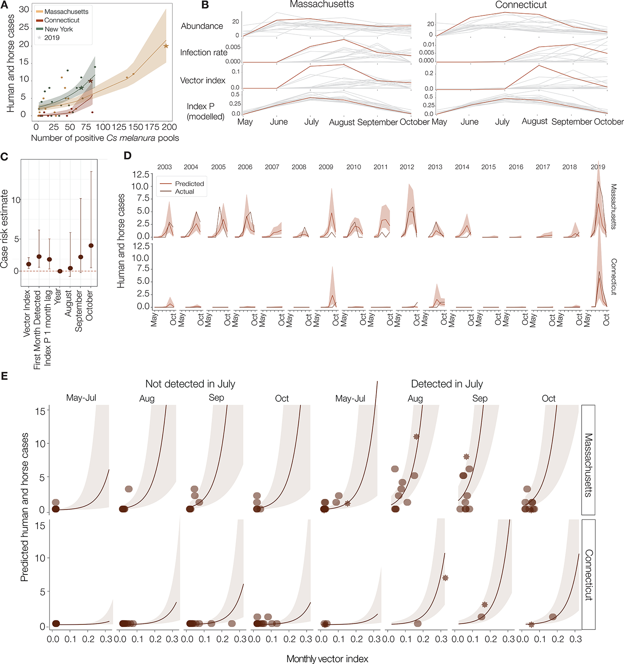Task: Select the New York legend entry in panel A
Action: (58, 29)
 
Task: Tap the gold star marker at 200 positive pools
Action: (166, 46)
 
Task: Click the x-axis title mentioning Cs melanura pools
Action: (105, 138)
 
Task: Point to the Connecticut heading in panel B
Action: (521, 5)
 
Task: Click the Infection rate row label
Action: (203, 52)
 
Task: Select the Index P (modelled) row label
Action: (205, 112)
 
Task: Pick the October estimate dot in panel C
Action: (91, 246)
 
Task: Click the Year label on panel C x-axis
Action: (58, 296)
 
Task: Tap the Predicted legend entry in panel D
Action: (189, 184)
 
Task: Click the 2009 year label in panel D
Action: (326, 167)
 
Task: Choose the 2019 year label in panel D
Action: (598, 167)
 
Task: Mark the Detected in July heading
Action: (447, 384)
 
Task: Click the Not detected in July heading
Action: (190, 384)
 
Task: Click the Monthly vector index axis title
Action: (327, 659)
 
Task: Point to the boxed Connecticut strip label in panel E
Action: (588, 574)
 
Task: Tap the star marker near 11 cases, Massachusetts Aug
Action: (416, 437)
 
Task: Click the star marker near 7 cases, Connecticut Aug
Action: (445, 578)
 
